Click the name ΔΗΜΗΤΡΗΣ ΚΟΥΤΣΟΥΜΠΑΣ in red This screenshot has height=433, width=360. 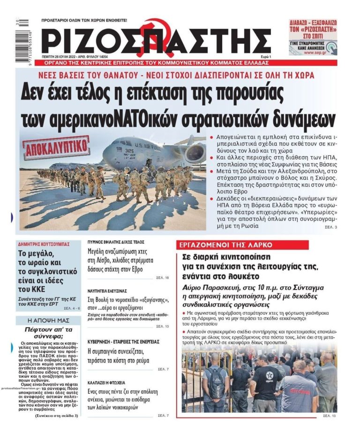(44, 244)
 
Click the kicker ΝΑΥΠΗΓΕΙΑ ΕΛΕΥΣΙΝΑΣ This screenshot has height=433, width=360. (107, 290)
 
